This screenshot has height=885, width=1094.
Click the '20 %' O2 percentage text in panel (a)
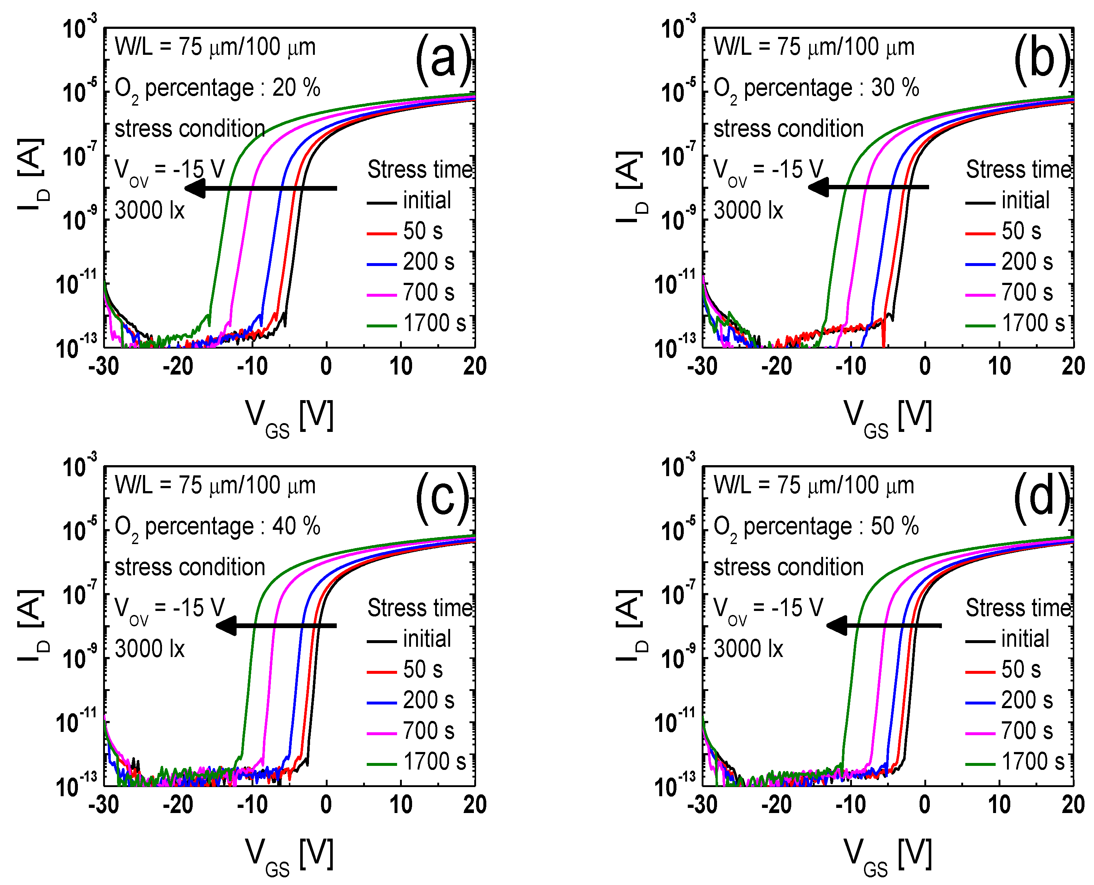pyautogui.click(x=296, y=88)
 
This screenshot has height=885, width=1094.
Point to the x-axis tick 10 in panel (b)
pyautogui.click(x=999, y=366)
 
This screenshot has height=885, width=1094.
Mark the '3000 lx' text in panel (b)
pyautogui.click(x=748, y=210)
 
